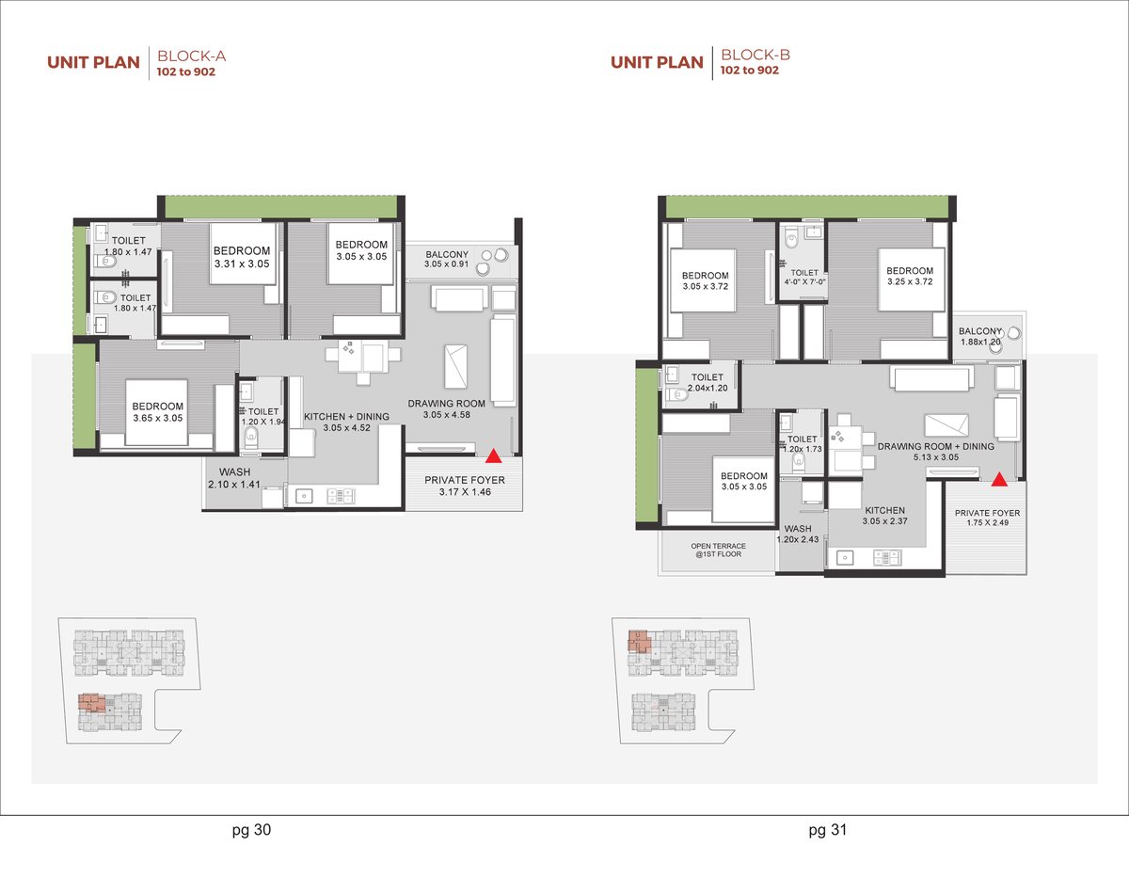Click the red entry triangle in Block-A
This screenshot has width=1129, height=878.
(x=493, y=456)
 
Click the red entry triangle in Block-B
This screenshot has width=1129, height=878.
(x=999, y=480)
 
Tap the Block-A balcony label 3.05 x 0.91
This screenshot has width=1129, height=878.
(x=446, y=259)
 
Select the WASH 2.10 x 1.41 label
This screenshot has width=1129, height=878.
(x=234, y=478)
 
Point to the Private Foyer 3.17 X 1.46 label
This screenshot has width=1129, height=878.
(x=465, y=486)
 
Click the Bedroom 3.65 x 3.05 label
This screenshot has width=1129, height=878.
(x=157, y=412)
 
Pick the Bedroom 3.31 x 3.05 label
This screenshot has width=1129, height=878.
(x=242, y=257)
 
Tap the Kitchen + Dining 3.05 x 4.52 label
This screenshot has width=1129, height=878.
(x=346, y=422)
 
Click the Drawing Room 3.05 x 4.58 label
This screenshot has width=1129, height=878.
(x=446, y=408)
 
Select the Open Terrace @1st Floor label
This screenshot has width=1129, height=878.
(x=718, y=551)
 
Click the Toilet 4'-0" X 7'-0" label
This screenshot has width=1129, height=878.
(x=804, y=278)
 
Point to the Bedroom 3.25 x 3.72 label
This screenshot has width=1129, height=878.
(x=910, y=276)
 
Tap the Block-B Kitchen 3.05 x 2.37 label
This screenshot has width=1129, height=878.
(x=884, y=516)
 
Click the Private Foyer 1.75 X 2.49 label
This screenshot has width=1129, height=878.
(x=987, y=518)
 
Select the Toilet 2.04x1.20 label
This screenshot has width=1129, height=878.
(x=708, y=382)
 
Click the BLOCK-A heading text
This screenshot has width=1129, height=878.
(x=191, y=56)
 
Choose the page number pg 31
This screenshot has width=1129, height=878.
(x=828, y=830)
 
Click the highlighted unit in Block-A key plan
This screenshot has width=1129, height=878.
(x=91, y=702)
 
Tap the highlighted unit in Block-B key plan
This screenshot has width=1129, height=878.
(x=639, y=642)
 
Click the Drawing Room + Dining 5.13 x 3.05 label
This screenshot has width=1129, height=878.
(x=936, y=452)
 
